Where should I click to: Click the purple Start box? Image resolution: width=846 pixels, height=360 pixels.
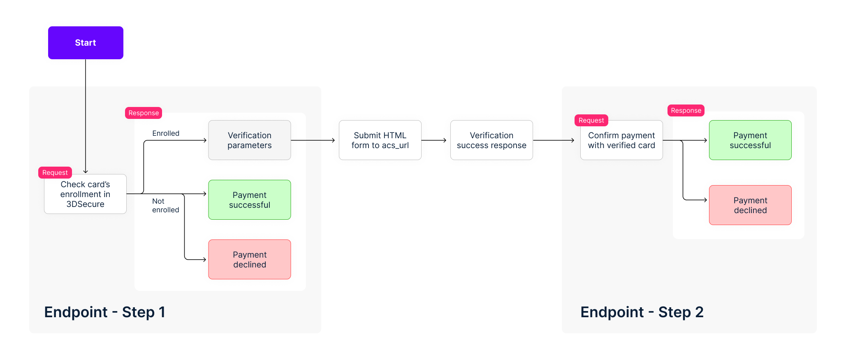tap(86, 43)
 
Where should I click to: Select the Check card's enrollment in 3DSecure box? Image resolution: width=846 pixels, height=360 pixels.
tap(85, 194)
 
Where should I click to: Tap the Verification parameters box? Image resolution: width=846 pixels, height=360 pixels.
tap(250, 140)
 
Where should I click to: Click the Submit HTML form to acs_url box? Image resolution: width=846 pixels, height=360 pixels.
tap(380, 140)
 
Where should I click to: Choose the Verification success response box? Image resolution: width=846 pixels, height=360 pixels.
tap(491, 140)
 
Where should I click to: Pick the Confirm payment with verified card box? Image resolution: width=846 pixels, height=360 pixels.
tap(621, 140)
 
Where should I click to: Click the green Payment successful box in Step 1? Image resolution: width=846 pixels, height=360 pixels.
tap(250, 200)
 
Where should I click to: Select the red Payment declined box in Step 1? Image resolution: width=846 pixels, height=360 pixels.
tap(250, 259)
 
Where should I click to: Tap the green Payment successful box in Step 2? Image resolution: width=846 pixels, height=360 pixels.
tap(750, 140)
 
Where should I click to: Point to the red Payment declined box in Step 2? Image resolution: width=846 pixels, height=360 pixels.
tap(750, 205)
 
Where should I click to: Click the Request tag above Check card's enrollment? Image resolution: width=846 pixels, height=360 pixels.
tap(55, 172)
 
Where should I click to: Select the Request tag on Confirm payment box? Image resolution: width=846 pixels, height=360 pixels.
tap(591, 120)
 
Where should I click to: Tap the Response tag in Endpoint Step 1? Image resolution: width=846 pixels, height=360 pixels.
tap(144, 113)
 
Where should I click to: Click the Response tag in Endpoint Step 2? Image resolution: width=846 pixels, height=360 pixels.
tap(686, 110)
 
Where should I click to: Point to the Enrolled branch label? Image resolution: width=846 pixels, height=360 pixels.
tap(166, 133)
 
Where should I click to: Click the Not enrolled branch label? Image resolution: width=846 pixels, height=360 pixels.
tap(165, 205)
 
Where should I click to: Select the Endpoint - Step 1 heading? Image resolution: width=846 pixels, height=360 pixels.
tap(104, 312)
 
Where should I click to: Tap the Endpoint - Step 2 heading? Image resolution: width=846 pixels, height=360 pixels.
tap(642, 312)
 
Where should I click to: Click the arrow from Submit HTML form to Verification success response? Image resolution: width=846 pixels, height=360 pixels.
tap(434, 140)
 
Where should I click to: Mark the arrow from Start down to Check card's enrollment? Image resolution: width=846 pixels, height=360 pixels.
tap(86, 116)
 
